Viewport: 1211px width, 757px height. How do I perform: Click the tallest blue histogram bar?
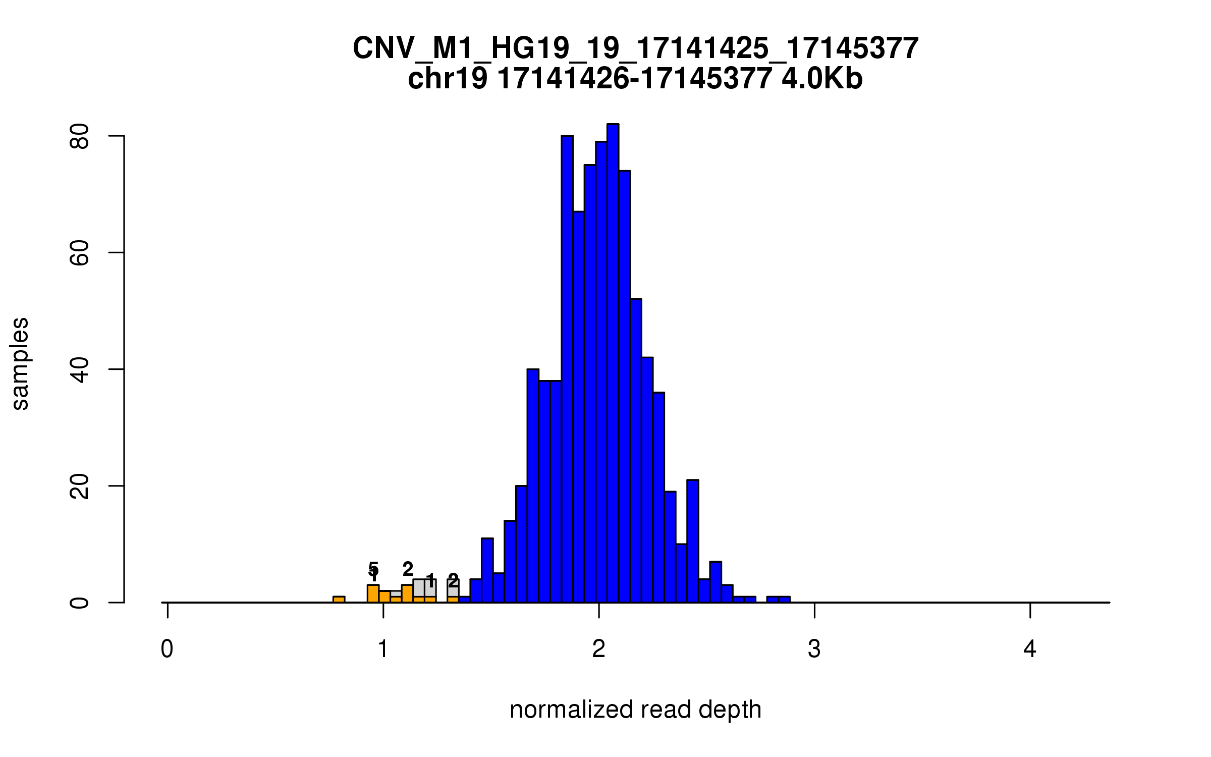coord(613,363)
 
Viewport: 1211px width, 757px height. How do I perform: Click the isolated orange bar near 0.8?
coord(339,599)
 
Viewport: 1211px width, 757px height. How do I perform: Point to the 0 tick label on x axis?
coord(167,649)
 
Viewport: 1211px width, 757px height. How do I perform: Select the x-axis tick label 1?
coord(383,649)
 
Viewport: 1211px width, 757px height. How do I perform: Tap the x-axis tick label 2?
coord(598,649)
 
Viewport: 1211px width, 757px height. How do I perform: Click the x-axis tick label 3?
coord(814,649)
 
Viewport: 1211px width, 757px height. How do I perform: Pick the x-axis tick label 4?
coord(1030,649)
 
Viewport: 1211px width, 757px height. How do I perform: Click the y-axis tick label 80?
coord(79,136)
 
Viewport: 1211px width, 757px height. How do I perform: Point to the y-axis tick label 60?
coord(79,253)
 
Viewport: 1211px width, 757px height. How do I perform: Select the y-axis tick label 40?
coord(79,369)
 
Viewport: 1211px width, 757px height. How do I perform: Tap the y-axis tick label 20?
coord(79,486)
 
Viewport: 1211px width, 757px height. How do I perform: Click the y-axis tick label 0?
coord(79,603)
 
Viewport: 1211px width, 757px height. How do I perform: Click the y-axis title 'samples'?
coord(20,363)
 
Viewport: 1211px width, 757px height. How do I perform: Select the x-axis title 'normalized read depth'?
coord(635,710)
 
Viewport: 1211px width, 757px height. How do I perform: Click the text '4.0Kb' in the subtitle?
coord(822,79)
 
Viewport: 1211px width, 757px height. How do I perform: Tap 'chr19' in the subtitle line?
coord(448,79)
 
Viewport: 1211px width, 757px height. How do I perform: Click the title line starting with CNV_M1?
coord(635,48)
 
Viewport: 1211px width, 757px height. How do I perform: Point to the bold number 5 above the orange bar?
coord(373,568)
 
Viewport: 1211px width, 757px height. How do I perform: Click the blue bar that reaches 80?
coord(567,368)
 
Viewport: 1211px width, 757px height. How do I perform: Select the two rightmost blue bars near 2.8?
coord(778,600)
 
